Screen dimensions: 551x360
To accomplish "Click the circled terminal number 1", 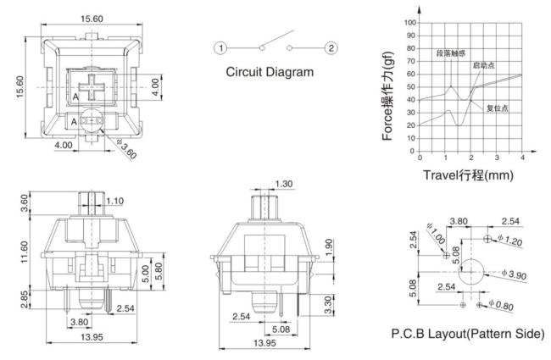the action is coord(220,47).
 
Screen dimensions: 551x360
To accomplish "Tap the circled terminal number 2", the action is coord(331,47).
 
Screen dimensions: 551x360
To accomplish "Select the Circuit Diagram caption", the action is coord(270,72).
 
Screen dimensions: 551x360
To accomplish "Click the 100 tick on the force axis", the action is coord(409,23).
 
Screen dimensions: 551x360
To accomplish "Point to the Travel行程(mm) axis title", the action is coord(468,174).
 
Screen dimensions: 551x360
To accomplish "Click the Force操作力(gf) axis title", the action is coord(387,96).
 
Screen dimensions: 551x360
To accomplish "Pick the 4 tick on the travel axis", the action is coord(522,158).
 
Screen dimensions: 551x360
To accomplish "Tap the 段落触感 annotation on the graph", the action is coord(451,53).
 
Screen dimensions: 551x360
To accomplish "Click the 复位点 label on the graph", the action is coord(498,108).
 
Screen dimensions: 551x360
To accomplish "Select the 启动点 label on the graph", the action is coord(484,65).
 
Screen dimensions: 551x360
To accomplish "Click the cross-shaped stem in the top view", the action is coord(92,86).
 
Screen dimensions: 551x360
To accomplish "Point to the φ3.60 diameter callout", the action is coord(126,149).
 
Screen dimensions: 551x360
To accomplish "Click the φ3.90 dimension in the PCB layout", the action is coord(514,274).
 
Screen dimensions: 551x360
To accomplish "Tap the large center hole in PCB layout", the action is coord(471,272).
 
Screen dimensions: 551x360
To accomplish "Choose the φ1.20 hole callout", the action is coord(509,241).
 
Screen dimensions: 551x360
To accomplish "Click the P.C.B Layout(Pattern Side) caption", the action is coord(468,333).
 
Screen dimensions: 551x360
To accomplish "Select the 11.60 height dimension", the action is coord(24,252).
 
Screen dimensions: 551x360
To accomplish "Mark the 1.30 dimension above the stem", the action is coord(284,184).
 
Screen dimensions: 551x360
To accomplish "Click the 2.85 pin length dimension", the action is coord(24,299).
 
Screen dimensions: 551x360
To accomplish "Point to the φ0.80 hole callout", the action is coord(501,305).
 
